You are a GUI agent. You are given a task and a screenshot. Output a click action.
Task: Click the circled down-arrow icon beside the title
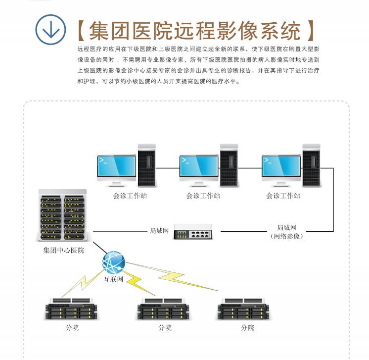[50, 30]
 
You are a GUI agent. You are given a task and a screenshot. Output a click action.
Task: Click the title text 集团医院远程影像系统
[195, 31]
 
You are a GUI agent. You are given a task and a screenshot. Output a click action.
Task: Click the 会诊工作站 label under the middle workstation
[203, 196]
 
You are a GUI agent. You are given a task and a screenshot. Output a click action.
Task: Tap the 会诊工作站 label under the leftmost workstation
[130, 196]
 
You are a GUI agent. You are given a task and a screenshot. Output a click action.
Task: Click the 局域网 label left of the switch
[159, 231]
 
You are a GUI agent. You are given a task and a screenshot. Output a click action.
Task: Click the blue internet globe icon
[114, 262]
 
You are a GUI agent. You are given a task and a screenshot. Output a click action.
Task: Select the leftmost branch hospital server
[71, 309]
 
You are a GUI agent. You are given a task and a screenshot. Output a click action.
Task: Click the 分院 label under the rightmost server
[248, 328]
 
